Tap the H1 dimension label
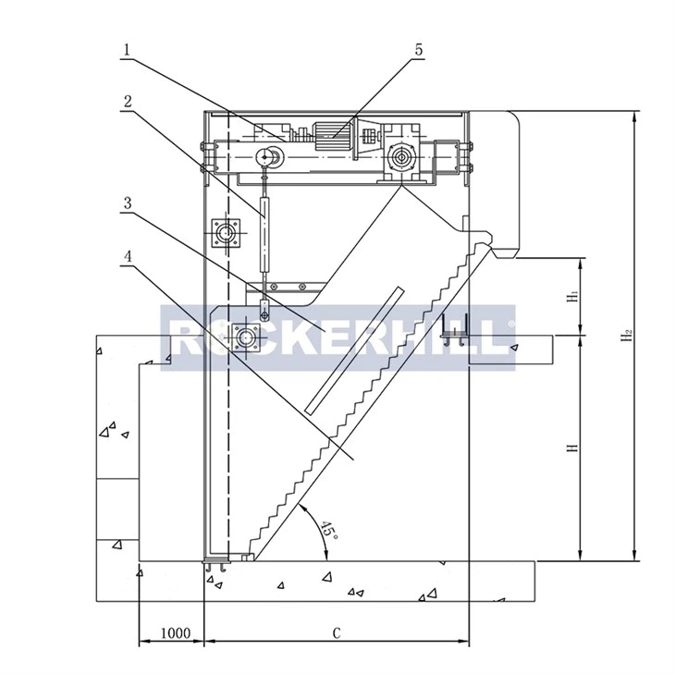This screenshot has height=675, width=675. (x=573, y=297)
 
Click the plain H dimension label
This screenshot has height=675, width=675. (x=573, y=448)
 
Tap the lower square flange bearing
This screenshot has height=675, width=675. (x=248, y=339)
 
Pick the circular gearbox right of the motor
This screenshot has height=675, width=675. (x=401, y=157)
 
